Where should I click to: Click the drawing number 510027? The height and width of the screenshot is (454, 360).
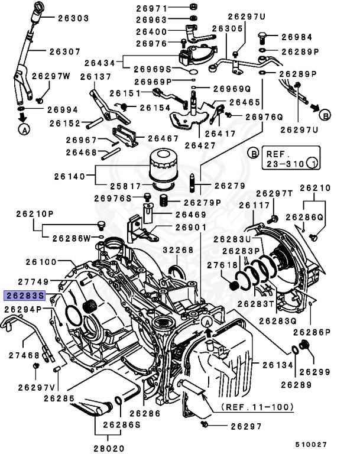312,443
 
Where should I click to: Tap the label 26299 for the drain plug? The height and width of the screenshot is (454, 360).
313,372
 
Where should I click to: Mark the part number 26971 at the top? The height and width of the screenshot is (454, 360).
152,8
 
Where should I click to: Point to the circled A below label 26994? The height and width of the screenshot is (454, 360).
23,131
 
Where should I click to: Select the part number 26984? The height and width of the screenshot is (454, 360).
296,37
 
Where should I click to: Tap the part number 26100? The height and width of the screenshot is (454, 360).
41,261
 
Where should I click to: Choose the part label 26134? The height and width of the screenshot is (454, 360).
277,365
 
